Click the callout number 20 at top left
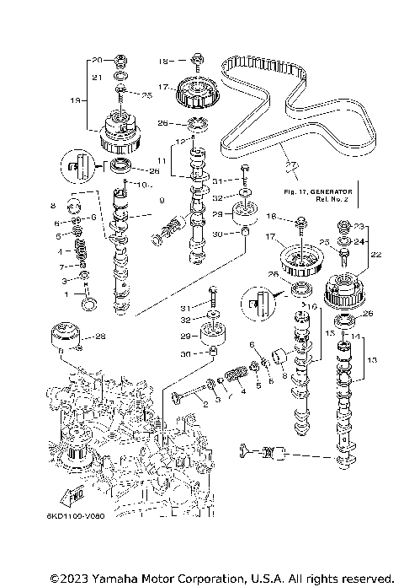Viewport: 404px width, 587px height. pyautogui.click(x=96, y=60)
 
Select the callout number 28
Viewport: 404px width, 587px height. pyautogui.click(x=100, y=337)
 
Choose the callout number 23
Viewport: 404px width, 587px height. pyautogui.click(x=361, y=226)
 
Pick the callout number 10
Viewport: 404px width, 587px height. pyautogui.click(x=142, y=184)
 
